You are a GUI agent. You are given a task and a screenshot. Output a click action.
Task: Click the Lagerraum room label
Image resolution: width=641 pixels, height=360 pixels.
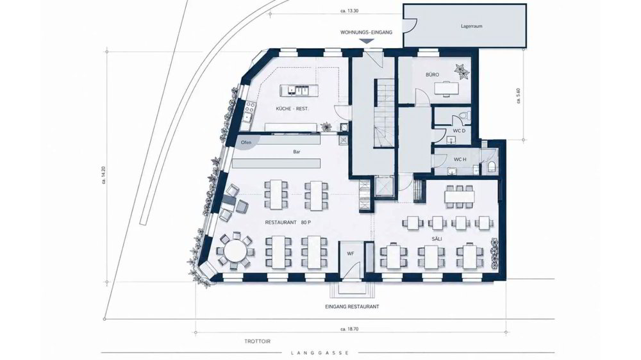pyautogui.click(x=471, y=26)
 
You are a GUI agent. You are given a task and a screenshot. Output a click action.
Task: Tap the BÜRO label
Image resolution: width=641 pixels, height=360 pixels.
pyautogui.click(x=432, y=75)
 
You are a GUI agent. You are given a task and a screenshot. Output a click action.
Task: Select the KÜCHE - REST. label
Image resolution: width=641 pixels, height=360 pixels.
pyautogui.click(x=292, y=109)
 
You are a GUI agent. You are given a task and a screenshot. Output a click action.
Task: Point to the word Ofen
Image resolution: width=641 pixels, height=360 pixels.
pyautogui.click(x=246, y=142)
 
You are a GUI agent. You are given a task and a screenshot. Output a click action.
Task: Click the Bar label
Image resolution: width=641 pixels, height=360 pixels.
pyautogui.click(x=297, y=152)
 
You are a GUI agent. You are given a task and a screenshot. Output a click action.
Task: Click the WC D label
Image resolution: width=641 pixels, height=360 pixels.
pyautogui.click(x=459, y=131)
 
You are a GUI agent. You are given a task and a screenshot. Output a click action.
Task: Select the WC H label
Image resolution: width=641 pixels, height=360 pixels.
pyautogui.click(x=460, y=160)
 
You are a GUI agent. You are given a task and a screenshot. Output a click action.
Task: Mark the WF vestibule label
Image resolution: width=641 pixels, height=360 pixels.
pyautogui.click(x=351, y=254)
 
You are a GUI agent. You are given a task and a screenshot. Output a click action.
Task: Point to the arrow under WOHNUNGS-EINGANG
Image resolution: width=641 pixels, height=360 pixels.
pyautogui.click(x=367, y=41)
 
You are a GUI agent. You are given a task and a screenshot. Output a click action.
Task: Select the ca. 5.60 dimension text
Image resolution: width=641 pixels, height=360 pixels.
pyautogui.click(x=519, y=96)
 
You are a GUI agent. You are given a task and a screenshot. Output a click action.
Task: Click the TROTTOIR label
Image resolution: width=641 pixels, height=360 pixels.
pyautogui.click(x=258, y=341)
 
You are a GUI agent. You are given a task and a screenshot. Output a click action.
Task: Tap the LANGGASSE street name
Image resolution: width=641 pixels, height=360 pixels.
pyautogui.click(x=320, y=353)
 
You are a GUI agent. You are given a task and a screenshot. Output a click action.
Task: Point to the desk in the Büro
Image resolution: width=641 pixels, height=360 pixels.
pyautogui.click(x=444, y=88)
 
